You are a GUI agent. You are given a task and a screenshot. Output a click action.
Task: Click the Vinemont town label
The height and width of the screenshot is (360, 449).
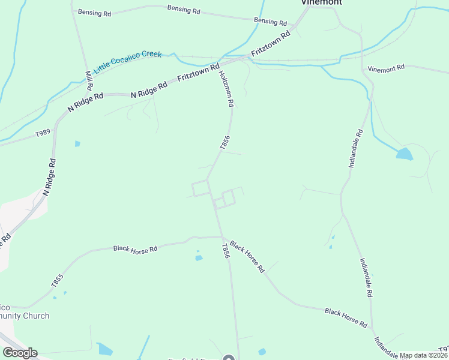coord(321,2)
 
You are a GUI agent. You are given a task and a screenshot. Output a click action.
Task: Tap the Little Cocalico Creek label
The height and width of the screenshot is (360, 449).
coord(128,61)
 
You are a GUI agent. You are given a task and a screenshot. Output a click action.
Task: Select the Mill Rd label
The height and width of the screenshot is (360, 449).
coord(89,79)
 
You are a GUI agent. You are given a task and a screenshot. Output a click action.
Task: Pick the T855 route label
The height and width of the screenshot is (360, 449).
coord(57,281)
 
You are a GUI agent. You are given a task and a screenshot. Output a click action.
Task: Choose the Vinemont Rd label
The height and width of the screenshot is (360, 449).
coord(387,68)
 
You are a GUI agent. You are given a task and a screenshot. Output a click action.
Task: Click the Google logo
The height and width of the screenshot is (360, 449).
coord(20,353)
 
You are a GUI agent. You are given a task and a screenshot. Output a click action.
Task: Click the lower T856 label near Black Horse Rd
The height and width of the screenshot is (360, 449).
coord(226,250)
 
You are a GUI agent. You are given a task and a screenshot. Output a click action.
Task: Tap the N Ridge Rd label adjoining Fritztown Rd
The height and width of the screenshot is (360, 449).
coord(149,89)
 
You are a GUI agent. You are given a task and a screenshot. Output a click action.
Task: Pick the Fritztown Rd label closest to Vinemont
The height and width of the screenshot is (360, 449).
coord(271,44)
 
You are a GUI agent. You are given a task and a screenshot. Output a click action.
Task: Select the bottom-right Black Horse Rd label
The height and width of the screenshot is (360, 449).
coord(346,317)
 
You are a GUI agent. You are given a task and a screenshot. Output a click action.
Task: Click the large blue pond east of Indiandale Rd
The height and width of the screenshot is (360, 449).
coord(405,154)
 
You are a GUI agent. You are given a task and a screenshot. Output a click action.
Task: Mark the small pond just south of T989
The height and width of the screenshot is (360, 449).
coord(77,144)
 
